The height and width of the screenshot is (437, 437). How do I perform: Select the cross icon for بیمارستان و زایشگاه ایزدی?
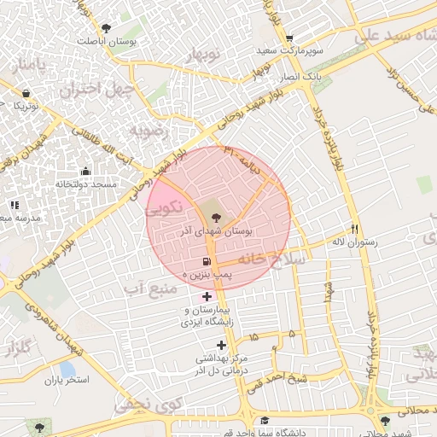207,296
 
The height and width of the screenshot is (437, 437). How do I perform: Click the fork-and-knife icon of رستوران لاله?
355,229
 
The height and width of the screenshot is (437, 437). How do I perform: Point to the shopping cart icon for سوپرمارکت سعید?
289,38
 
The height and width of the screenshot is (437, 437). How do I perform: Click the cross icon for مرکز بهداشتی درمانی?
223,346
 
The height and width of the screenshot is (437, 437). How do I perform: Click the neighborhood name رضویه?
145,131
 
